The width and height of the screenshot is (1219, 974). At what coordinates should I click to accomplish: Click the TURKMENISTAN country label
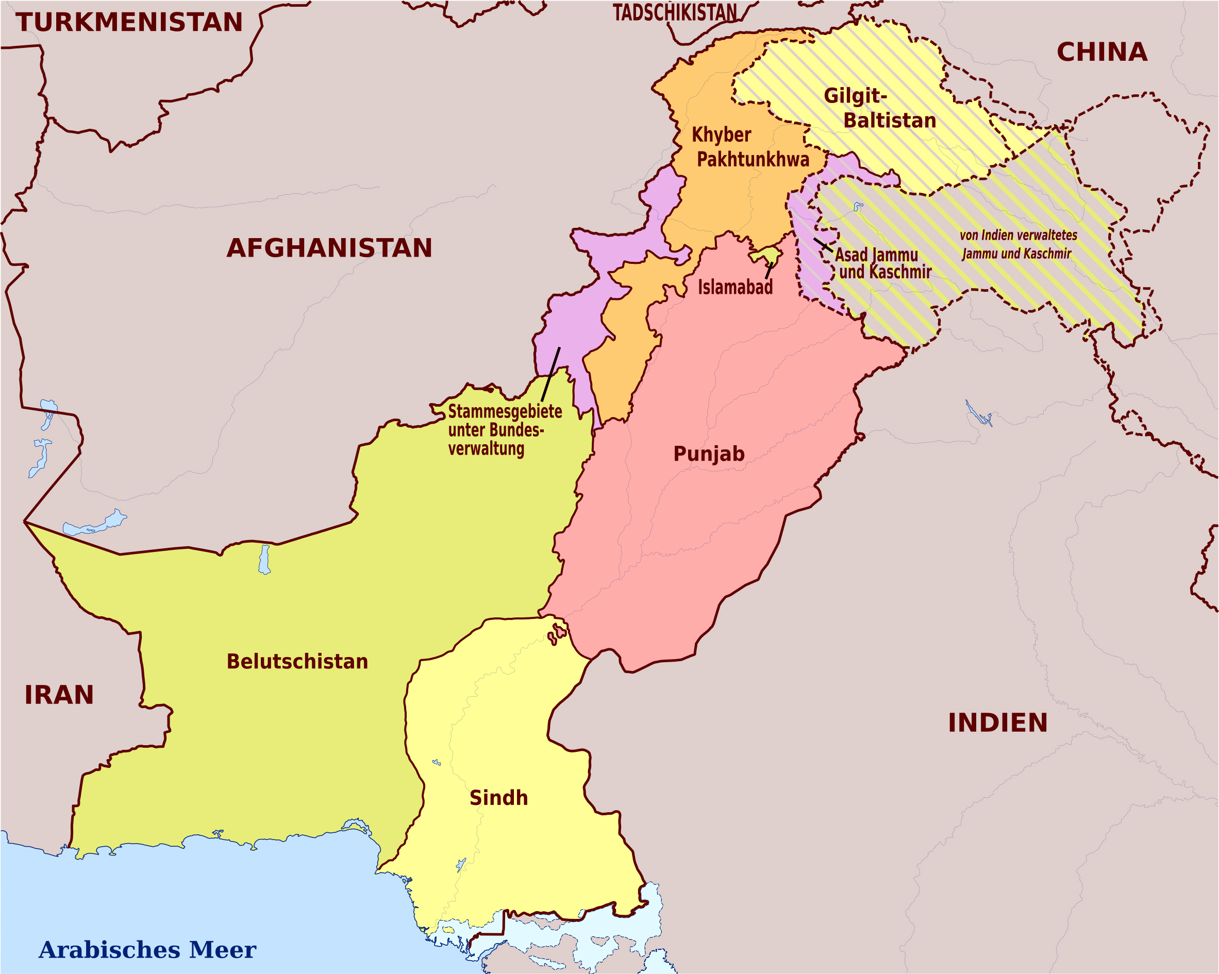pyautogui.click(x=129, y=23)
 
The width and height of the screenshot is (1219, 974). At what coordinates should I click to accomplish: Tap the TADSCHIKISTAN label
pyautogui.click(x=675, y=12)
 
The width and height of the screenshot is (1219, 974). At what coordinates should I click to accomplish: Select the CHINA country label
pyautogui.click(x=1102, y=52)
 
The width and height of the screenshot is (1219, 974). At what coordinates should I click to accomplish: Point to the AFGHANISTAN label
pyautogui.click(x=329, y=248)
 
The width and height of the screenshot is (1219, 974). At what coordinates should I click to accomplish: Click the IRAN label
pyautogui.click(x=59, y=695)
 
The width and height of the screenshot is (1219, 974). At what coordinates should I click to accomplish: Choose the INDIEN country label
pyautogui.click(x=997, y=723)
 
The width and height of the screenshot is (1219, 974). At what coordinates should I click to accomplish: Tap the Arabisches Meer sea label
pyautogui.click(x=147, y=949)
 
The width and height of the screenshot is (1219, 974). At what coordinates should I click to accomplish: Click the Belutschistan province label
pyautogui.click(x=297, y=661)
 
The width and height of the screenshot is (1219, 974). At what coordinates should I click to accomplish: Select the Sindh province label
pyautogui.click(x=498, y=798)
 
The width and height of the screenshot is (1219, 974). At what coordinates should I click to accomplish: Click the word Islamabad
pyautogui.click(x=734, y=287)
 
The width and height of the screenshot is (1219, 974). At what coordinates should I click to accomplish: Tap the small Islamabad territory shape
pyautogui.click(x=766, y=255)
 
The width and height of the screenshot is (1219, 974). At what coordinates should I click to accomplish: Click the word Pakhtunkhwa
pyautogui.click(x=753, y=159)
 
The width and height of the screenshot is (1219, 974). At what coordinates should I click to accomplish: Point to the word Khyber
pyautogui.click(x=721, y=135)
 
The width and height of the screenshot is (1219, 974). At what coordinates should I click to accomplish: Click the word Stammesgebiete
pyautogui.click(x=505, y=412)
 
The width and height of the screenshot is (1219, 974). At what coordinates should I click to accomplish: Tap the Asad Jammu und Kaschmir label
pyautogui.click(x=882, y=263)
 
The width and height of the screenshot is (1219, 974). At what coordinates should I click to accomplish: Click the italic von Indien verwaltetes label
pyautogui.click(x=1017, y=235)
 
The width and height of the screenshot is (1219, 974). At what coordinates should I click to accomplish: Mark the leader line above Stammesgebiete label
pyautogui.click(x=550, y=374)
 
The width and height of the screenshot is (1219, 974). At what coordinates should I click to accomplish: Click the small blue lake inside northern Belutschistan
pyautogui.click(x=264, y=559)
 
